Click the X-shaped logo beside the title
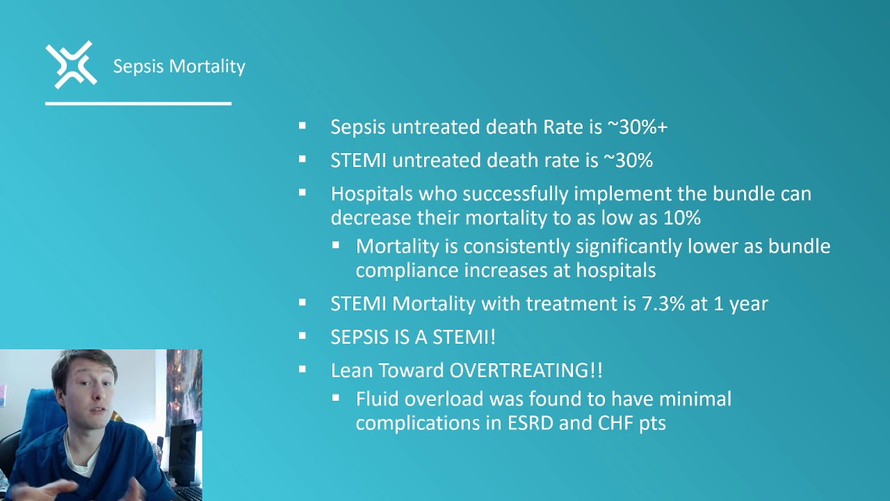(71, 65)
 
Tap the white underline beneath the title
(138, 104)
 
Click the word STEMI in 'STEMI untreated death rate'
(358, 161)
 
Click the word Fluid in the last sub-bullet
(378, 399)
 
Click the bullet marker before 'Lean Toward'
(302, 370)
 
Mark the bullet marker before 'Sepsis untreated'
(302, 127)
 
